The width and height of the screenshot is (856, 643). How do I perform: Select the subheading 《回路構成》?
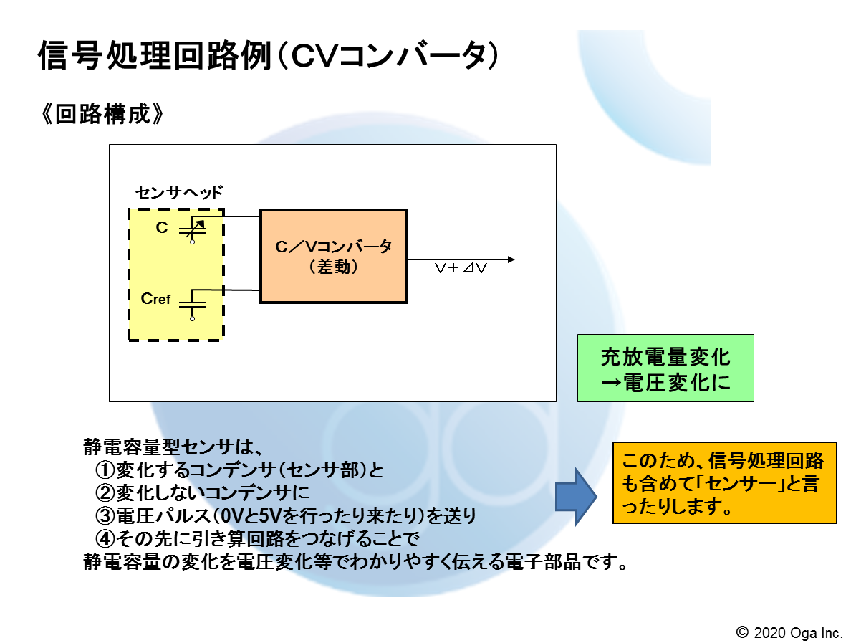coord(102,114)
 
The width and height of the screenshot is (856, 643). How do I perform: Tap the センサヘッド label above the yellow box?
coord(179,192)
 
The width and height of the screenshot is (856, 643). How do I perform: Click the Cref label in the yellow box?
coord(155,299)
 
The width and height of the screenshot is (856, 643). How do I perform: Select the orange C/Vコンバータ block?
coord(334,256)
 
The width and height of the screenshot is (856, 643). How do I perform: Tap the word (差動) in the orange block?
coord(334,267)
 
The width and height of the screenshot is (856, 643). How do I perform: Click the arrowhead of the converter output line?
coord(511,259)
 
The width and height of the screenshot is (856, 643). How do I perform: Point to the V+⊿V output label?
coord(460,268)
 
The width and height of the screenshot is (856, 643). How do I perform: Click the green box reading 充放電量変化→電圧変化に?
coord(665,368)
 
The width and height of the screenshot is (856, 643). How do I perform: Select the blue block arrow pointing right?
coord(576,497)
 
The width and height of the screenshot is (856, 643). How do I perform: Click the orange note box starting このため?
coord(724,483)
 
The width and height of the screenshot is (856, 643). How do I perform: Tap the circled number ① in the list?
coord(105,470)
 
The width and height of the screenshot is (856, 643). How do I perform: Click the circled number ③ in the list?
coord(105,515)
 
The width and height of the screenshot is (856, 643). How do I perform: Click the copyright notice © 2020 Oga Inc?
coord(789,633)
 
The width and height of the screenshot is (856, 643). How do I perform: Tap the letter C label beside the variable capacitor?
coord(162,227)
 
